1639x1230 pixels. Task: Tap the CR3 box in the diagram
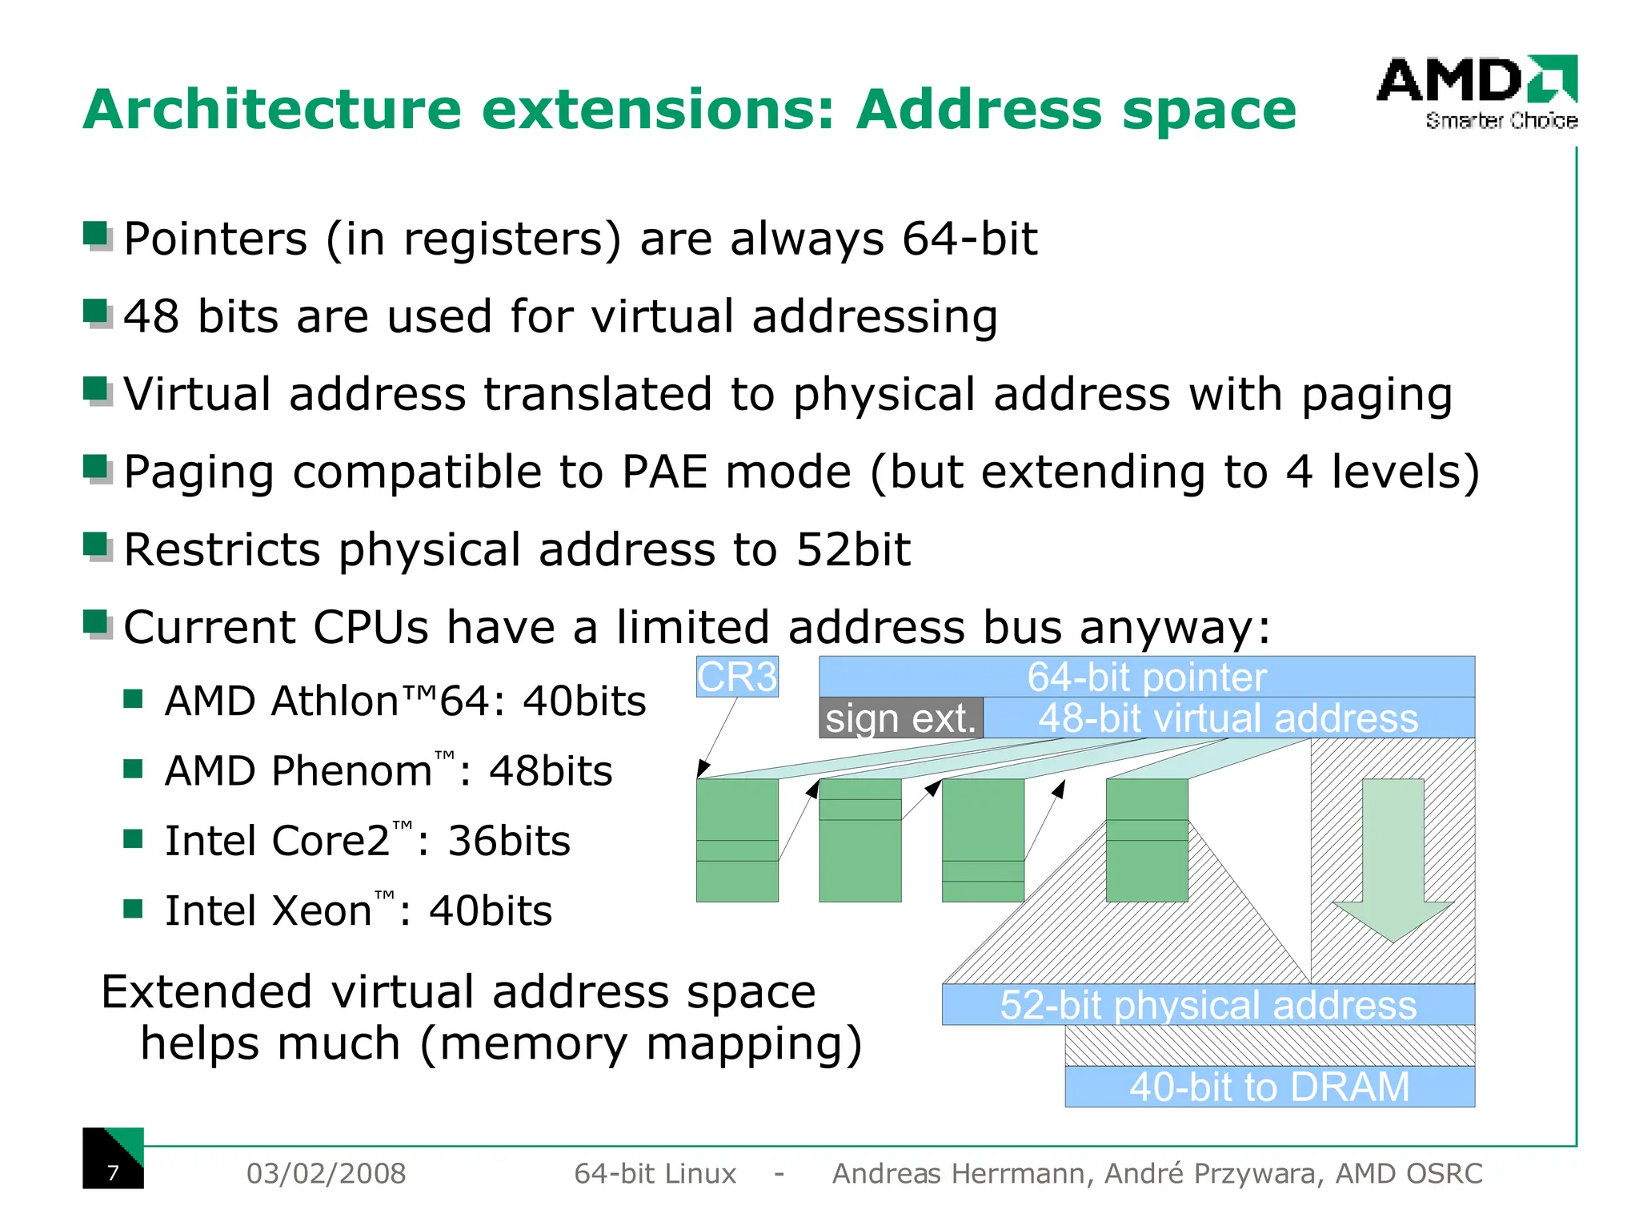tap(737, 677)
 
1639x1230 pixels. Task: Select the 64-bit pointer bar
tap(1146, 677)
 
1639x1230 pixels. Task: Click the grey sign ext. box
tap(900, 718)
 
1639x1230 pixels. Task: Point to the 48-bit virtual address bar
tap(1228, 718)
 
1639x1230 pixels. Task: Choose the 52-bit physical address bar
tap(1208, 1005)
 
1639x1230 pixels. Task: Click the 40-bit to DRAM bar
tap(1269, 1087)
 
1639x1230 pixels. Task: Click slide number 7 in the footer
tap(113, 1172)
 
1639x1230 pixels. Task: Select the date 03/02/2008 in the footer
tap(326, 1173)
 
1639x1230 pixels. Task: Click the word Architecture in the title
tap(272, 110)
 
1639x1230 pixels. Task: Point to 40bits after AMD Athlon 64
tap(584, 701)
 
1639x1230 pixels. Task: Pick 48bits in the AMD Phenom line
tap(551, 771)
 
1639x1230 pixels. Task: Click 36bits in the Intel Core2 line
tap(509, 841)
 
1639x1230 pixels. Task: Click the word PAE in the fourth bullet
tap(663, 472)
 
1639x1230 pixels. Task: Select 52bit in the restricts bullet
tap(853, 550)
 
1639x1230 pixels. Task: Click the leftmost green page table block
tap(737, 840)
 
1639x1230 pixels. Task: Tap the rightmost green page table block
tap(1147, 840)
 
